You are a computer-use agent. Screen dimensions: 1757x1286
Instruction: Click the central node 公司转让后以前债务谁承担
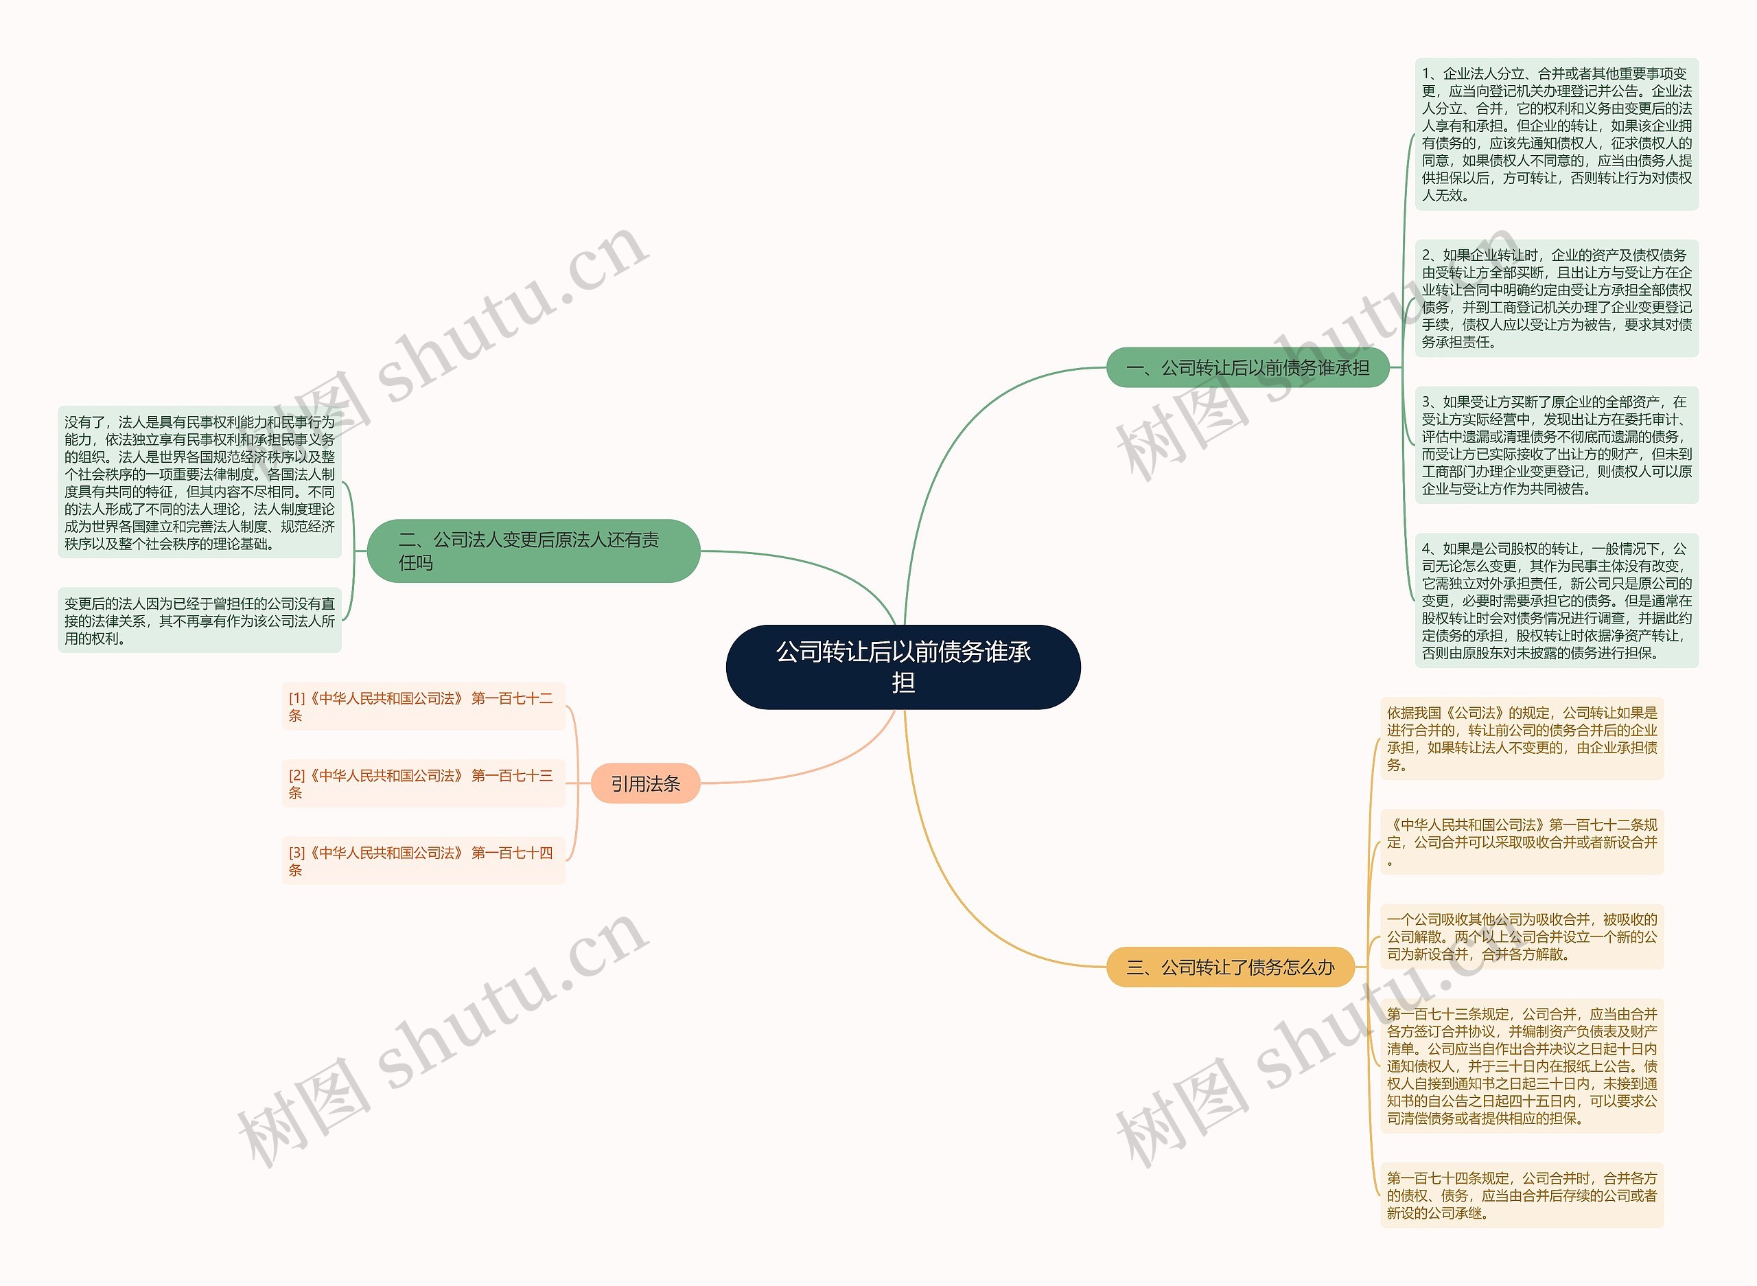tap(903, 667)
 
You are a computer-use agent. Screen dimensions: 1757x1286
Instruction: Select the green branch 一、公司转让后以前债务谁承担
tap(1247, 367)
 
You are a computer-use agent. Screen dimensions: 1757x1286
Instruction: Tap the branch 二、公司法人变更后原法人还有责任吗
tap(533, 551)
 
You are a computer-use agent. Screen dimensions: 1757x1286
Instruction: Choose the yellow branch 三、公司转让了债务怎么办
tap(1230, 967)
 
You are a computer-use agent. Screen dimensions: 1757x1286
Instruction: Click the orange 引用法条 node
tap(645, 783)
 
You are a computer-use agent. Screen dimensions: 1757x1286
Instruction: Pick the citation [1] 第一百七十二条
tap(423, 706)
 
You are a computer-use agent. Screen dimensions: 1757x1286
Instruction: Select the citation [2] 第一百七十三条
tap(423, 783)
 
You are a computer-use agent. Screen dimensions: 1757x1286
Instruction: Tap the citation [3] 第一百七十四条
tap(423, 860)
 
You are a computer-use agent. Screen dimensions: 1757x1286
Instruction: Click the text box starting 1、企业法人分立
tap(1556, 134)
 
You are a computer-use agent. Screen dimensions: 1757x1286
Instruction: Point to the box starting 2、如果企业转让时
tap(1556, 298)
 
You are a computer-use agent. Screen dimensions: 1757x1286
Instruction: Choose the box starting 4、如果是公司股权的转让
tap(1556, 600)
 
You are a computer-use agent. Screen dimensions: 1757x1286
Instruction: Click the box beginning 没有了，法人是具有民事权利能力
tap(199, 482)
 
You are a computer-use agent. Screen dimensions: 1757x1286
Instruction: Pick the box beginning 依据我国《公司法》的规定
tap(1521, 738)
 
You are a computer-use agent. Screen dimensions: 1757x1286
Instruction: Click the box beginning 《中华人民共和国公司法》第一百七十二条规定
tap(1521, 842)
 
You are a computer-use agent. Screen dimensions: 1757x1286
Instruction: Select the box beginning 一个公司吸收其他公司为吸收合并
tap(1521, 937)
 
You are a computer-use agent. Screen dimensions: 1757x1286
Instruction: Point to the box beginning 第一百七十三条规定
tap(1521, 1066)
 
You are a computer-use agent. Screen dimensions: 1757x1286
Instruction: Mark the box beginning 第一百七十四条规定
tap(1521, 1195)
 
